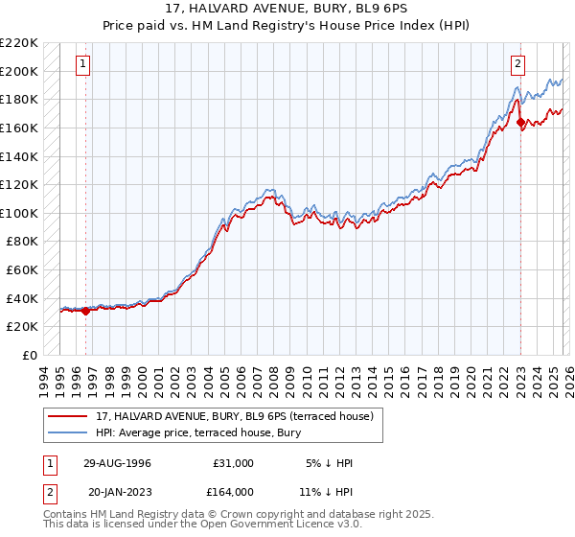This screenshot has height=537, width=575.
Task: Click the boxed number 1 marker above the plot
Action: pos(83,64)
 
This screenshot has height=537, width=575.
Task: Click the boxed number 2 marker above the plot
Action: pos(517,64)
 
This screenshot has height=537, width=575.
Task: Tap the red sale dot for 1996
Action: pos(86,311)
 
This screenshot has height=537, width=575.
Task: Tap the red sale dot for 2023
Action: pos(520,122)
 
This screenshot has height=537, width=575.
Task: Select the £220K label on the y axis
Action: pos(19,43)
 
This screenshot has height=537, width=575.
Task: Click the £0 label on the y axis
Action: pos(29,355)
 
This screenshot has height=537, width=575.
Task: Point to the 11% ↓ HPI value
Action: pos(333,491)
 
